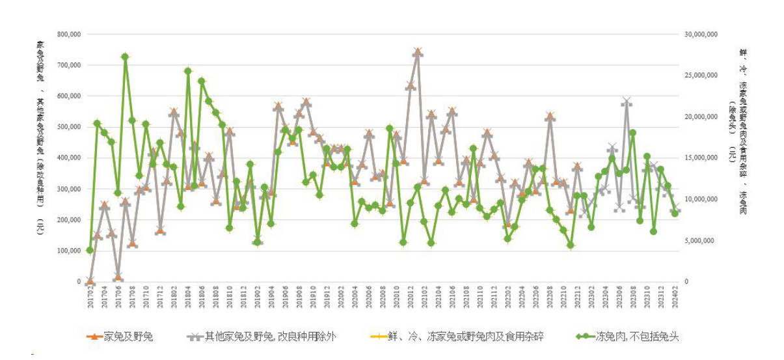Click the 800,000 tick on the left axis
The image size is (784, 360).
(x=69, y=34)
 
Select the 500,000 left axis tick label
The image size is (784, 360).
(x=69, y=127)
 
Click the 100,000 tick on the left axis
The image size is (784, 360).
(x=69, y=251)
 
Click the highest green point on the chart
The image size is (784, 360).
(x=125, y=57)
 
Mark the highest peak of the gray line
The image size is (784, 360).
(x=417, y=52)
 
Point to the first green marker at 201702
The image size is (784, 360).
(x=90, y=250)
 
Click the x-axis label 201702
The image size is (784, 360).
(x=90, y=296)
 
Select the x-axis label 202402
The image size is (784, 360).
(x=675, y=296)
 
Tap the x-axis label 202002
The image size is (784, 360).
(x=341, y=296)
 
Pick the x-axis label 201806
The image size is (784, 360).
(x=202, y=296)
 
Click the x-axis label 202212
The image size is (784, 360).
(x=577, y=296)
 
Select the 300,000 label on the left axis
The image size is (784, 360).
(x=69, y=189)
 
